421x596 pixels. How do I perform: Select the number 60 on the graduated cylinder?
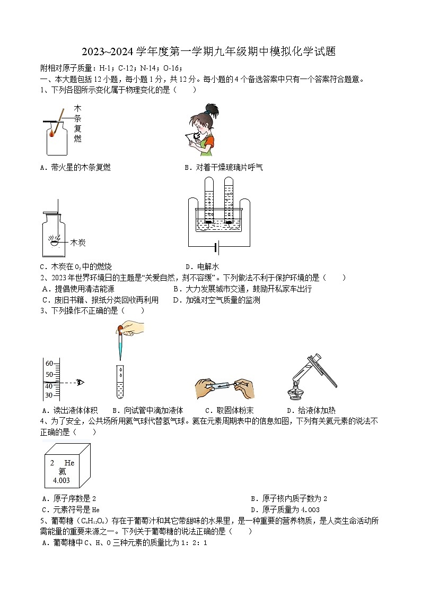point(49,364)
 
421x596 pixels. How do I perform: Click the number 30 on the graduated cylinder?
point(49,395)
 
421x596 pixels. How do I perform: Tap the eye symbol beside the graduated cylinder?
point(80,382)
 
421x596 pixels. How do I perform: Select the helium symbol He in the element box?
point(69,463)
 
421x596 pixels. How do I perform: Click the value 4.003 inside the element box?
point(61,480)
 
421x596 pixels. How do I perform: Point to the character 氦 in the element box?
point(62,471)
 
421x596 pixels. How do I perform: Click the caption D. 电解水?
point(202,267)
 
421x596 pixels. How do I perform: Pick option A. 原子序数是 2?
point(69,499)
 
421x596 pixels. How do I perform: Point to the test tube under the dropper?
point(121,382)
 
